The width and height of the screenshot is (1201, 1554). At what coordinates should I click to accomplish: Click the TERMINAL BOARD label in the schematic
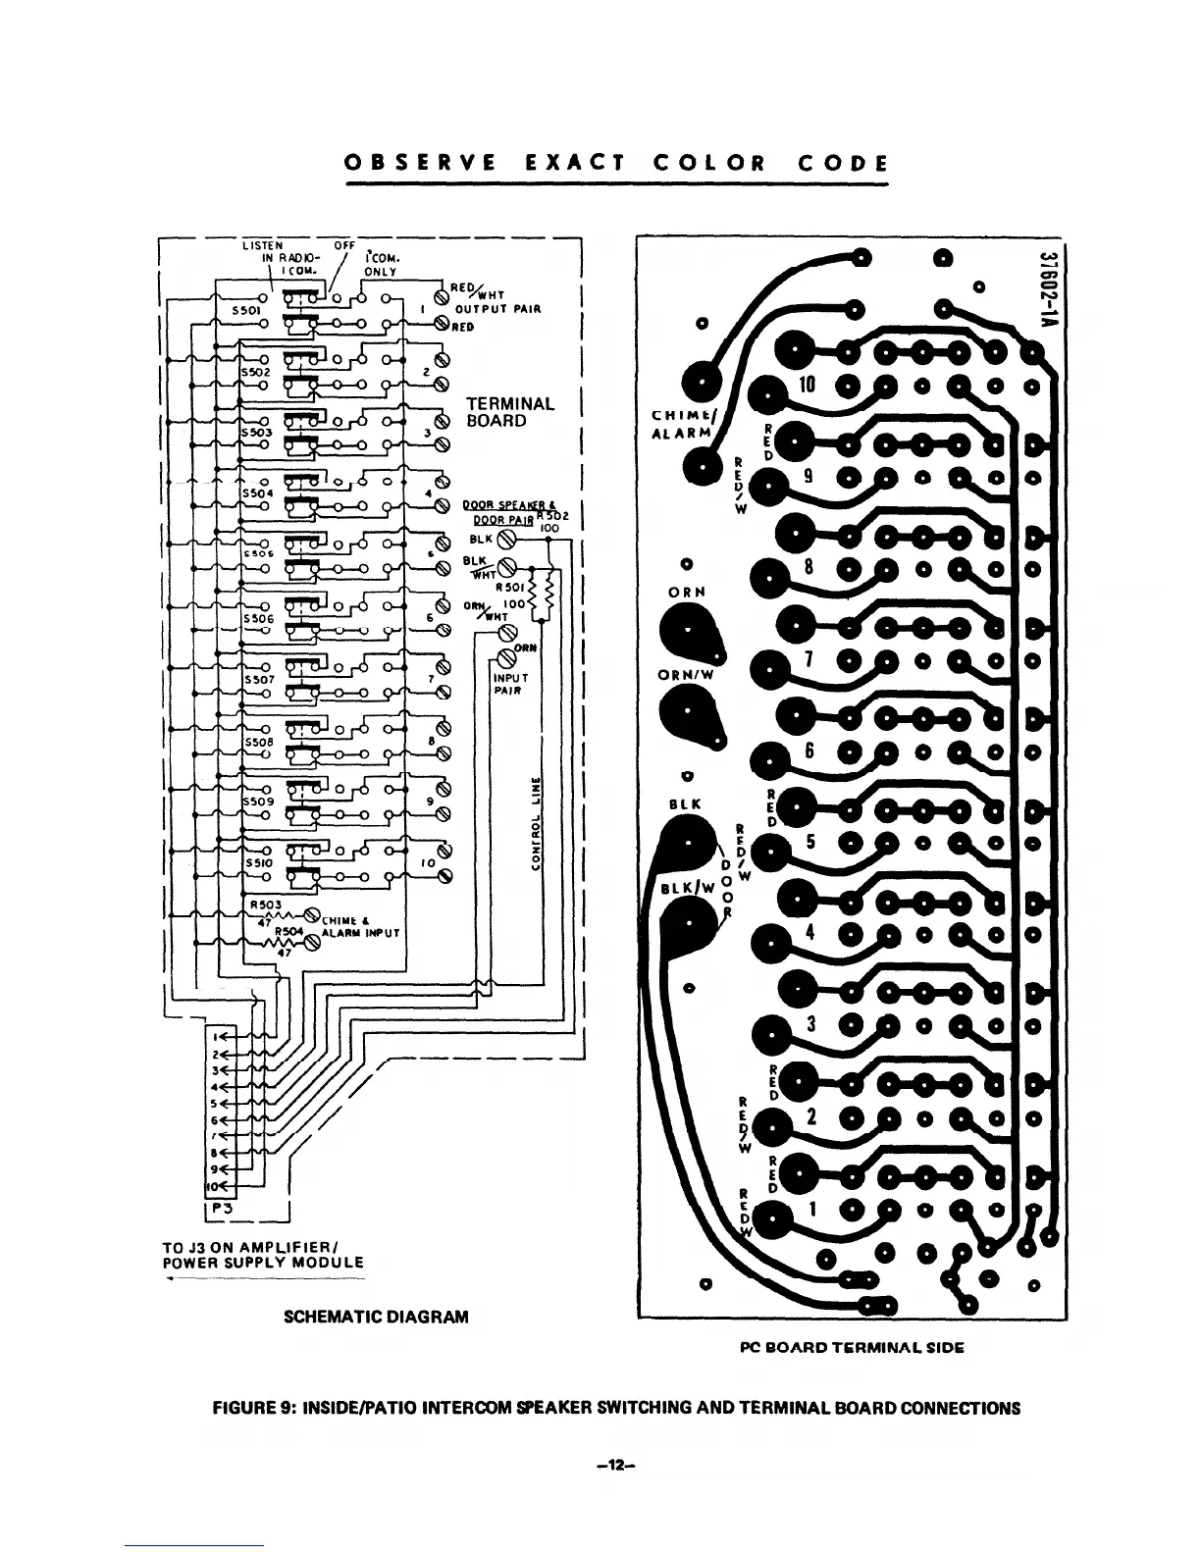[x=509, y=412]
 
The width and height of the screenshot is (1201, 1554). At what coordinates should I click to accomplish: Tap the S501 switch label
[x=243, y=307]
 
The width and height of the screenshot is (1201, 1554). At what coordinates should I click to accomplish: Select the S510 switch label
[x=259, y=863]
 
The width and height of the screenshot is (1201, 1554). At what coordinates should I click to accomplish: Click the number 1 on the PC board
[x=812, y=1211]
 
